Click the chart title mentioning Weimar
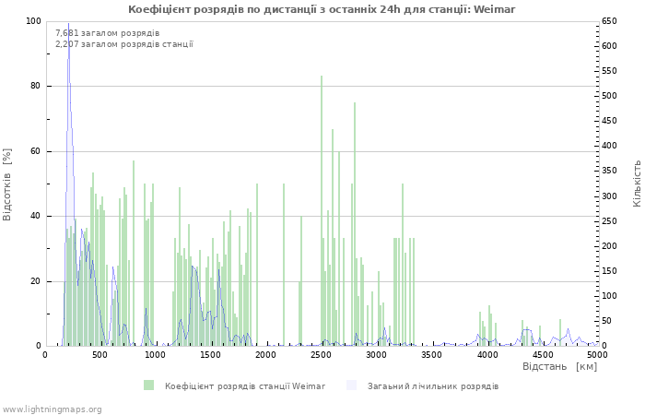pos(322,9)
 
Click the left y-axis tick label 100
pos(32,21)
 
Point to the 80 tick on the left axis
pos(35,86)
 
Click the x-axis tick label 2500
pos(322,354)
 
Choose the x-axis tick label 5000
pos(597,354)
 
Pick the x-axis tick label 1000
pos(156,354)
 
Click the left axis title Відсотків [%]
pos(8,184)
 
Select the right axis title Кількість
pos(637,183)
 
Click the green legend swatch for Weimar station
pos(148,385)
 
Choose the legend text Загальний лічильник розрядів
pos(433,385)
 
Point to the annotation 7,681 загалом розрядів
pos(107,33)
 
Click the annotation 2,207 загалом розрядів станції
pos(123,43)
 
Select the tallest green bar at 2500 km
pos(322,212)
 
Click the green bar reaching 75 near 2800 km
pos(355,226)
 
